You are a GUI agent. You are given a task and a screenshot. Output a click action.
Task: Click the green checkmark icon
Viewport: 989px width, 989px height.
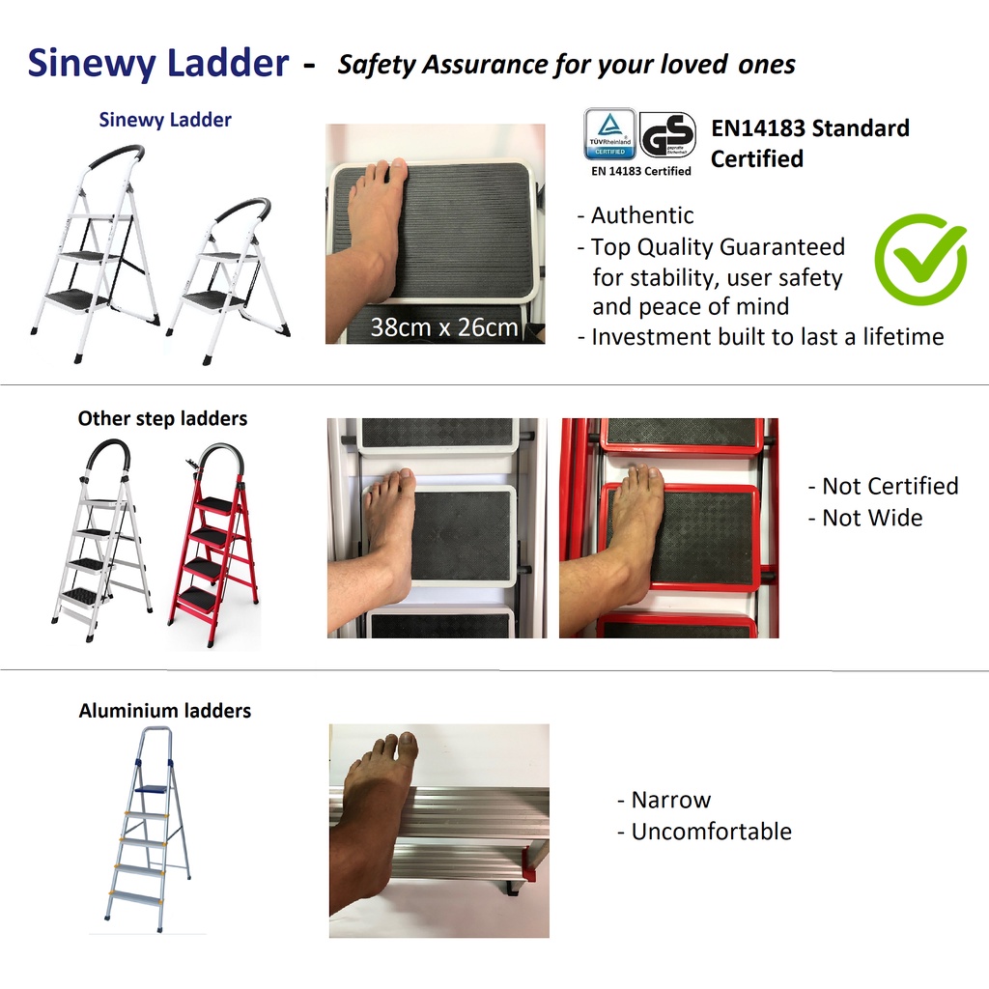[919, 259]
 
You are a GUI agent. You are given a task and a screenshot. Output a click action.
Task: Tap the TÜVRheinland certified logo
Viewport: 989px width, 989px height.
[609, 133]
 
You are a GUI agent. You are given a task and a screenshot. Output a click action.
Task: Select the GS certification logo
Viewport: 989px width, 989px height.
[667, 134]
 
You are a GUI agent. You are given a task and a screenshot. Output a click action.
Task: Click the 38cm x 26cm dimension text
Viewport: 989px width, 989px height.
[444, 326]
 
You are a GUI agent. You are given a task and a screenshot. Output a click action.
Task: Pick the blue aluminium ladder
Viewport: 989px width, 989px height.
[148, 830]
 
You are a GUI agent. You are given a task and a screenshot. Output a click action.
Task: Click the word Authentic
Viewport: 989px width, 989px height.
[642, 215]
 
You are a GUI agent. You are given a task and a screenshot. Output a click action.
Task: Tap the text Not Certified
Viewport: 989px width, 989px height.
[890, 486]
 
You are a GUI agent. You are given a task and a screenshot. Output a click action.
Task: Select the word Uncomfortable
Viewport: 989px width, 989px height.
[712, 832]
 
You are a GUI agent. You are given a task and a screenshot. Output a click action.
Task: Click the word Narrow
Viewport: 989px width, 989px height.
[671, 800]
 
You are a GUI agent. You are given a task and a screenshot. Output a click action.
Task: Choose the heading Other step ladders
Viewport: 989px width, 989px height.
[162, 418]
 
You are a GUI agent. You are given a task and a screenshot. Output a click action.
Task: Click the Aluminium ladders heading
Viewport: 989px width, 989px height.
[165, 710]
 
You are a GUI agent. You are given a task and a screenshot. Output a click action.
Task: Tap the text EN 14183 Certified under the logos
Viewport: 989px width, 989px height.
[641, 171]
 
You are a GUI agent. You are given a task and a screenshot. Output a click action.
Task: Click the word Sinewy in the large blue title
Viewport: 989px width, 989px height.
[92, 63]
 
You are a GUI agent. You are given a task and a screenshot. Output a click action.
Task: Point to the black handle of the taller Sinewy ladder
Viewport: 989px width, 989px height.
[117, 155]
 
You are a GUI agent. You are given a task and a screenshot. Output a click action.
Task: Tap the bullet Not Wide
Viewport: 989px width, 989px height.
[872, 518]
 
